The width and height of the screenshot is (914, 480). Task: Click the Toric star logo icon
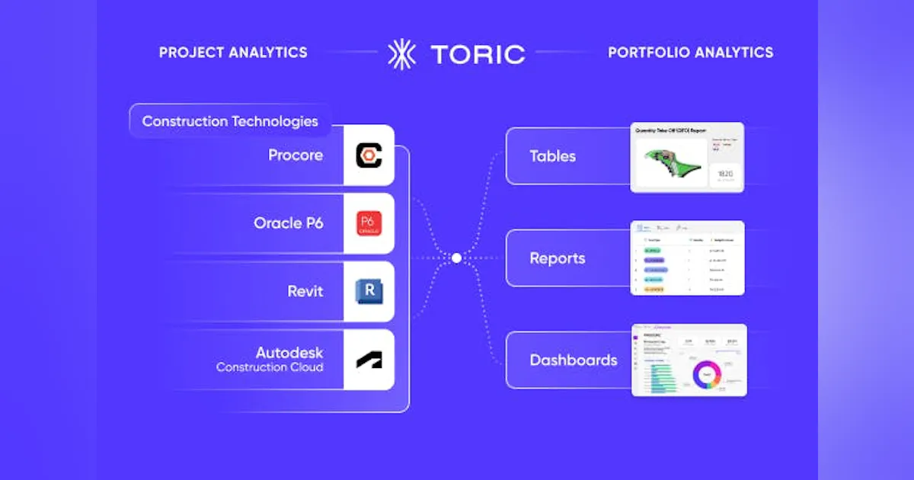click(401, 54)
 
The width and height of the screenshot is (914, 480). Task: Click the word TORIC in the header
click(478, 54)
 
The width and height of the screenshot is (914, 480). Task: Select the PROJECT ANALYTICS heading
click(233, 53)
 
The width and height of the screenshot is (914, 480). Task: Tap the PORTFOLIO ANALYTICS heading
click(690, 53)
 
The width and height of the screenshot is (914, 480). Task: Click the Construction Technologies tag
click(229, 121)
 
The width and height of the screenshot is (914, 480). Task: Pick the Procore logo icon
click(369, 156)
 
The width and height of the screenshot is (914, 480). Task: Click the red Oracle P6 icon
click(369, 223)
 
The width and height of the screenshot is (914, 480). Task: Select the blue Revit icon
click(369, 291)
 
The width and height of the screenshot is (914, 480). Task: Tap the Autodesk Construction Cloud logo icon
click(369, 360)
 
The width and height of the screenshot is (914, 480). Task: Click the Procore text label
click(296, 155)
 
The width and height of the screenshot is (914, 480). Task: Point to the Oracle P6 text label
click(288, 223)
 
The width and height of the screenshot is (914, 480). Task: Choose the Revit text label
click(305, 291)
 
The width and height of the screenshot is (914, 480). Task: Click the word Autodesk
click(289, 353)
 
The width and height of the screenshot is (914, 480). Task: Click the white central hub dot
click(456, 258)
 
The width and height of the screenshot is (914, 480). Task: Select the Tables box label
click(552, 156)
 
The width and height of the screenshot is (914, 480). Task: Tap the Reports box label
click(558, 258)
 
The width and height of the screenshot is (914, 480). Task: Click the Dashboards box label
click(574, 360)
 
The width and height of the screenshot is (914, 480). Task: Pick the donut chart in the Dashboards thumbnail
click(706, 375)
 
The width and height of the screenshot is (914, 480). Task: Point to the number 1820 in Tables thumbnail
click(724, 174)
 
